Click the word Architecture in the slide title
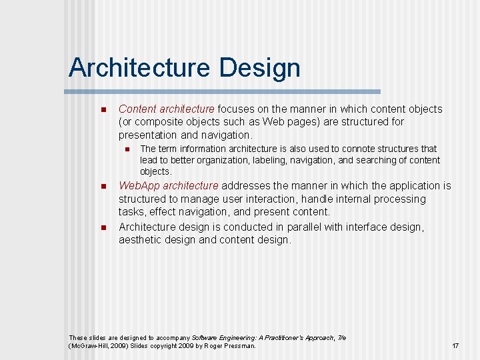(139, 68)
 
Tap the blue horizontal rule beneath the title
(224, 91)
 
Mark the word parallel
(282, 227)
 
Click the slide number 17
(455, 346)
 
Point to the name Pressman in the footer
(238, 346)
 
